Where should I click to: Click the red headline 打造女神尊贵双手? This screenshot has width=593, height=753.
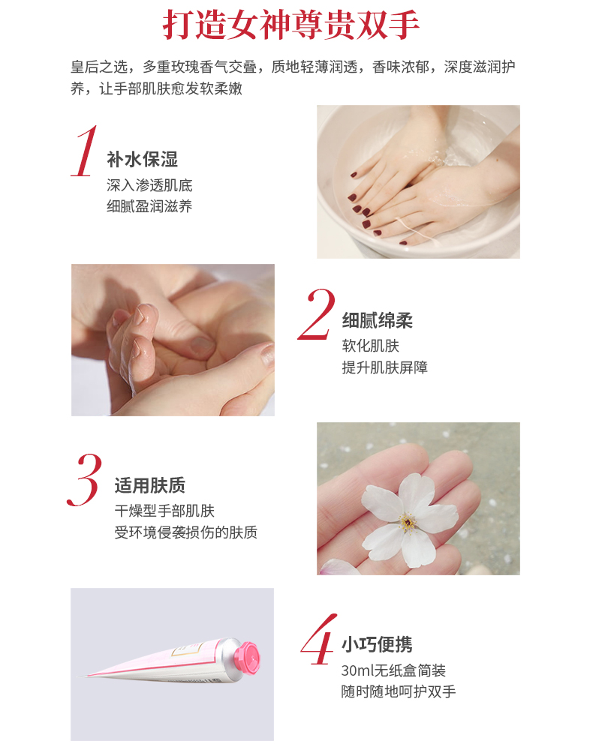click(x=290, y=25)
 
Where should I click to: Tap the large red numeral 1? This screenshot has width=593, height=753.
click(x=85, y=151)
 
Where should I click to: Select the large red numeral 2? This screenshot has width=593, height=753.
click(x=316, y=314)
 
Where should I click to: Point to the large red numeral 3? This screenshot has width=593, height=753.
click(x=85, y=479)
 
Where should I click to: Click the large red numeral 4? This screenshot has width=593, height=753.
click(x=318, y=639)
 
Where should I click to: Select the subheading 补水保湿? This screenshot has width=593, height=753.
click(x=142, y=160)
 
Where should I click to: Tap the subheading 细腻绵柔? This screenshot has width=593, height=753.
click(x=378, y=320)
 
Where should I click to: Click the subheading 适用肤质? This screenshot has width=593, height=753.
click(x=150, y=485)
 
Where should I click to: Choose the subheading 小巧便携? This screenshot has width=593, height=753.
click(x=377, y=644)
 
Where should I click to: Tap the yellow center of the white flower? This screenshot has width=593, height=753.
click(x=408, y=522)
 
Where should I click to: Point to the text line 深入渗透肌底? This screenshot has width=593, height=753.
click(x=149, y=185)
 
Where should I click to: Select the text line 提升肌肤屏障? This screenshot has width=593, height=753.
click(x=385, y=367)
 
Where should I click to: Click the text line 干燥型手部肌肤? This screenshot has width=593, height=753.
click(x=164, y=511)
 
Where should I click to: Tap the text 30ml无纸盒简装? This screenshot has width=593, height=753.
click(x=393, y=670)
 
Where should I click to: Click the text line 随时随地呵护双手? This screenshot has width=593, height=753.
click(x=399, y=691)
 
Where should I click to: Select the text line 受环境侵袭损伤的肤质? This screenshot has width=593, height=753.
click(x=186, y=532)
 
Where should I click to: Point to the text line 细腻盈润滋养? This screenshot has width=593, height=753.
click(x=149, y=206)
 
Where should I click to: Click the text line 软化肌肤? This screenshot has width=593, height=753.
click(x=371, y=346)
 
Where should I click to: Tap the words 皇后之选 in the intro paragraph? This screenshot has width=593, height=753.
click(x=99, y=67)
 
